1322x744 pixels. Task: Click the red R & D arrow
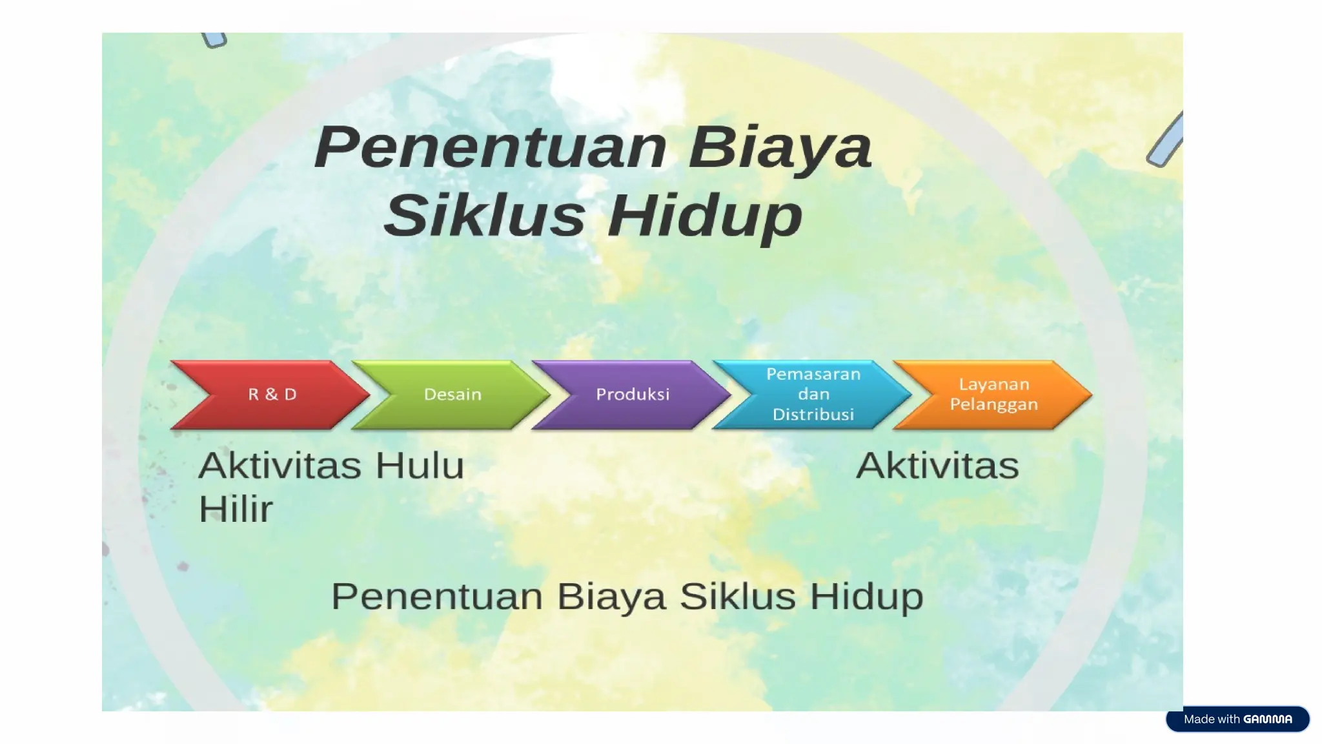272,395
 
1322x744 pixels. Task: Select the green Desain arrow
453,395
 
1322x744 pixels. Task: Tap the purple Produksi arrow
633,395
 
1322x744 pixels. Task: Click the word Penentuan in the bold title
491,148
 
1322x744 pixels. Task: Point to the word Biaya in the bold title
780,148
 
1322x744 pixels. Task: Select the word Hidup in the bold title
705,216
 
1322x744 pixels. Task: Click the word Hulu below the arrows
420,466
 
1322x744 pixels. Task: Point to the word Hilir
236,509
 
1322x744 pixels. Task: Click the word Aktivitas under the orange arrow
937,466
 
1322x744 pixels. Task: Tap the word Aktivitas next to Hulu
280,466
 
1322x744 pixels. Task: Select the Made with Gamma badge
1237,719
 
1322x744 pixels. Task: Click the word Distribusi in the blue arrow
813,415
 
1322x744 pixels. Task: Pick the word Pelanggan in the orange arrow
993,404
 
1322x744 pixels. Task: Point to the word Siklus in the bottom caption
738,596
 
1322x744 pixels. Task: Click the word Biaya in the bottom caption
611,596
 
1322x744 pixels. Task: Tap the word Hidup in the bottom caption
866,596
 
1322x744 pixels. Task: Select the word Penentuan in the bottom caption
437,596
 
